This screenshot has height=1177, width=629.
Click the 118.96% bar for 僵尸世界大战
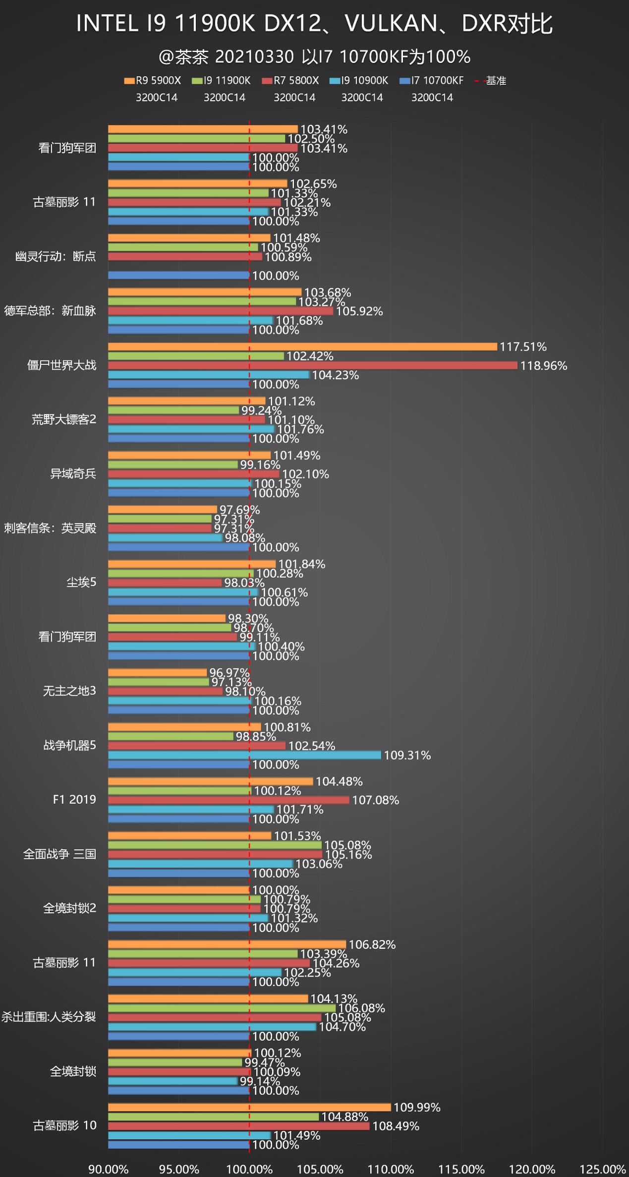[312, 365]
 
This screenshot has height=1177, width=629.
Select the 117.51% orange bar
[302, 347]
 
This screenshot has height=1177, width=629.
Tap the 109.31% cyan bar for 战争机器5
[244, 755]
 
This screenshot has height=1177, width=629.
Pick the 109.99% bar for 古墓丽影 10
[249, 1107]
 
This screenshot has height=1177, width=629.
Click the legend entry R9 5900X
[153, 80]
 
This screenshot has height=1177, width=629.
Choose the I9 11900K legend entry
[221, 80]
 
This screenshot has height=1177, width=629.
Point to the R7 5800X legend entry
[290, 80]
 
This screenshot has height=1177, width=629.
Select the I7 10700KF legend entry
[432, 80]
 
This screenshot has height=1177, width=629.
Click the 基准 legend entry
[491, 80]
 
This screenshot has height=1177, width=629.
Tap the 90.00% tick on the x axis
[108, 1169]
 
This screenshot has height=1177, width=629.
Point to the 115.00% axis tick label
[461, 1169]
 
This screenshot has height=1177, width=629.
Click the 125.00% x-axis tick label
[602, 1169]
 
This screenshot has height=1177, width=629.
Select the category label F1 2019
[74, 799]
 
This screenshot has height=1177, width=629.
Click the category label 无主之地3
[69, 691]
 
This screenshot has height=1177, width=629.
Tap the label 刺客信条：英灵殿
[50, 528]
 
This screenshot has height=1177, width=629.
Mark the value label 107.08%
[375, 800]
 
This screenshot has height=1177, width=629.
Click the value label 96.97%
[229, 672]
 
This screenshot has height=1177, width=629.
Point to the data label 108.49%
[396, 1126]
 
